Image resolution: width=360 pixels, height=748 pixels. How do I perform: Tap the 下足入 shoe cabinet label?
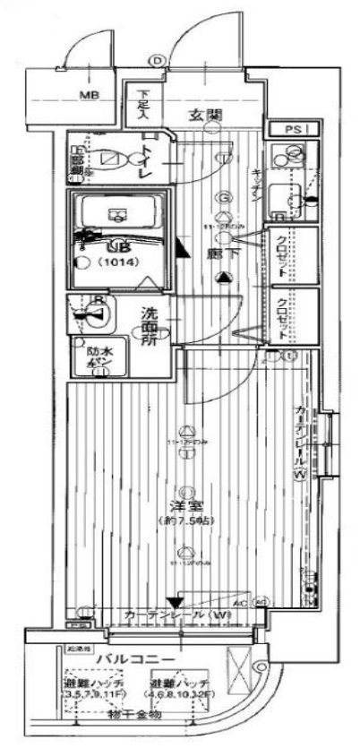tap(143, 97)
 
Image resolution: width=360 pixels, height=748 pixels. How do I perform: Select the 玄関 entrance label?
tap(205, 114)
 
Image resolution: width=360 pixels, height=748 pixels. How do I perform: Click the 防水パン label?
tap(98, 357)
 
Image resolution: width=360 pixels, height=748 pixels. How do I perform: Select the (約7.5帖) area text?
tap(187, 521)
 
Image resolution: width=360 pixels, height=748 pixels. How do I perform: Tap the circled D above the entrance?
tap(158, 60)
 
